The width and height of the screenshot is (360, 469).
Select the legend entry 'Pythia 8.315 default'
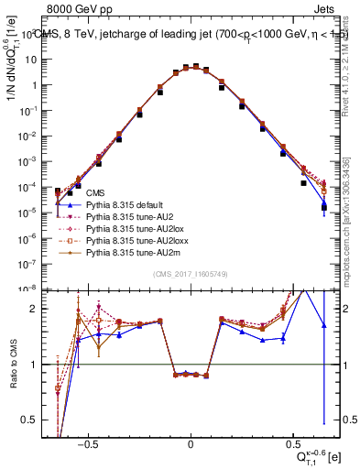127,209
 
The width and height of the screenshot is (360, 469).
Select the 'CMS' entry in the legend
94,195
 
